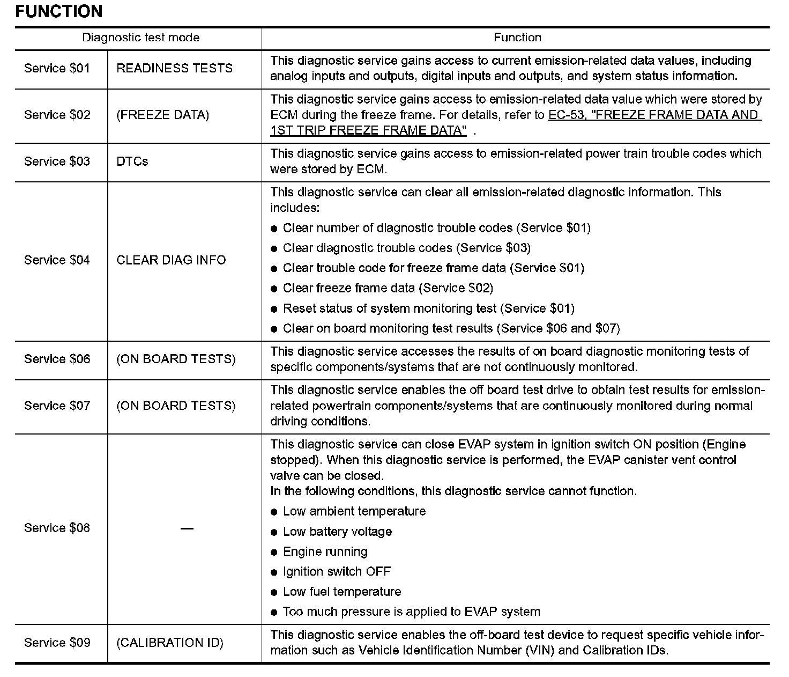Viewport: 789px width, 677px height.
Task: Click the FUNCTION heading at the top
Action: tap(59, 11)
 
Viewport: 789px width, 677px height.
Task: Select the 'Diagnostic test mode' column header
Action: tap(140, 38)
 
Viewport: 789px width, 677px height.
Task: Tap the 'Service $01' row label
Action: tap(57, 68)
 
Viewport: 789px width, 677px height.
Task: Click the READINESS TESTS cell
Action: tap(174, 68)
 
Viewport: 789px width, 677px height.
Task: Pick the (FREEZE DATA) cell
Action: tap(162, 115)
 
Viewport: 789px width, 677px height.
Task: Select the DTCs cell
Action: tap(132, 161)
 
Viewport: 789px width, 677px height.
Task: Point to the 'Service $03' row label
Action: tap(57, 161)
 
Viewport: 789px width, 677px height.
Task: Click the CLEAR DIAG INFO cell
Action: tap(171, 260)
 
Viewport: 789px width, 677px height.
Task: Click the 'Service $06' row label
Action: tap(57, 359)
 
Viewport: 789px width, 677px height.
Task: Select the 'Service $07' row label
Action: tap(57, 406)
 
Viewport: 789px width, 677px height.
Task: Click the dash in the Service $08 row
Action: tap(187, 528)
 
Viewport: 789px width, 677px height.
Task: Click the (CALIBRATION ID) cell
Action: tap(169, 643)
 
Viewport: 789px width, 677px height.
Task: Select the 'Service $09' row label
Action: tap(57, 643)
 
